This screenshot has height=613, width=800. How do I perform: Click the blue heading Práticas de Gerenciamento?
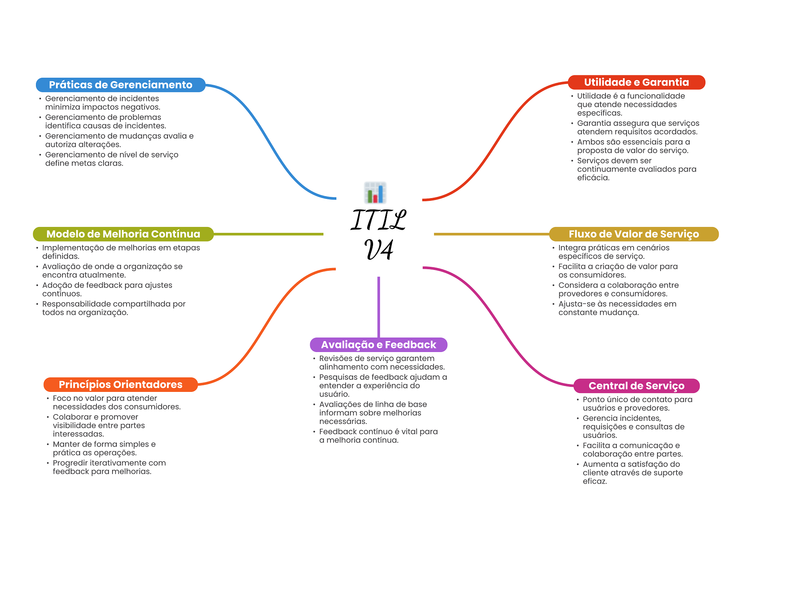pyautogui.click(x=120, y=85)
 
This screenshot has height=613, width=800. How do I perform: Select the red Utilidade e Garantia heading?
pyautogui.click(x=636, y=82)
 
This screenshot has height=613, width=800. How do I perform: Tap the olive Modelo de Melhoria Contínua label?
pyautogui.click(x=123, y=234)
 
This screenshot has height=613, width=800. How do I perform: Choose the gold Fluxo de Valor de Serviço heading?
pyautogui.click(x=633, y=234)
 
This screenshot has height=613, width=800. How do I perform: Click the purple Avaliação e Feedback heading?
pyautogui.click(x=378, y=345)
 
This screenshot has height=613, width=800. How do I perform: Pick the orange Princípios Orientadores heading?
pyautogui.click(x=120, y=384)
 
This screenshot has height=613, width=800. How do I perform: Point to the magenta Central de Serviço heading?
pyautogui.click(x=636, y=386)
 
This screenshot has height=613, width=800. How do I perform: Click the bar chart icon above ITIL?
pyautogui.click(x=375, y=193)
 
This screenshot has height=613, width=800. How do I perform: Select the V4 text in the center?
pyautogui.click(x=379, y=250)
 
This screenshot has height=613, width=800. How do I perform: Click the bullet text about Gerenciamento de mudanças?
pyautogui.click(x=119, y=140)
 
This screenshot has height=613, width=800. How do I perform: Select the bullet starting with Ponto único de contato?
pyautogui.click(x=637, y=404)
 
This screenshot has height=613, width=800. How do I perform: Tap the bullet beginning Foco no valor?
pyautogui.click(x=116, y=402)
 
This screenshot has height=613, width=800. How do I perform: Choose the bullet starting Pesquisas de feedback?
pyautogui.click(x=383, y=385)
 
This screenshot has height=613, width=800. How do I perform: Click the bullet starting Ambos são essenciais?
pyautogui.click(x=633, y=146)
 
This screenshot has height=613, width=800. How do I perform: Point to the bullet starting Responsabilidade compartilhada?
pyautogui.click(x=114, y=308)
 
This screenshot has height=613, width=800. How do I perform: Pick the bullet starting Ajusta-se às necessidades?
pyautogui.click(x=617, y=308)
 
